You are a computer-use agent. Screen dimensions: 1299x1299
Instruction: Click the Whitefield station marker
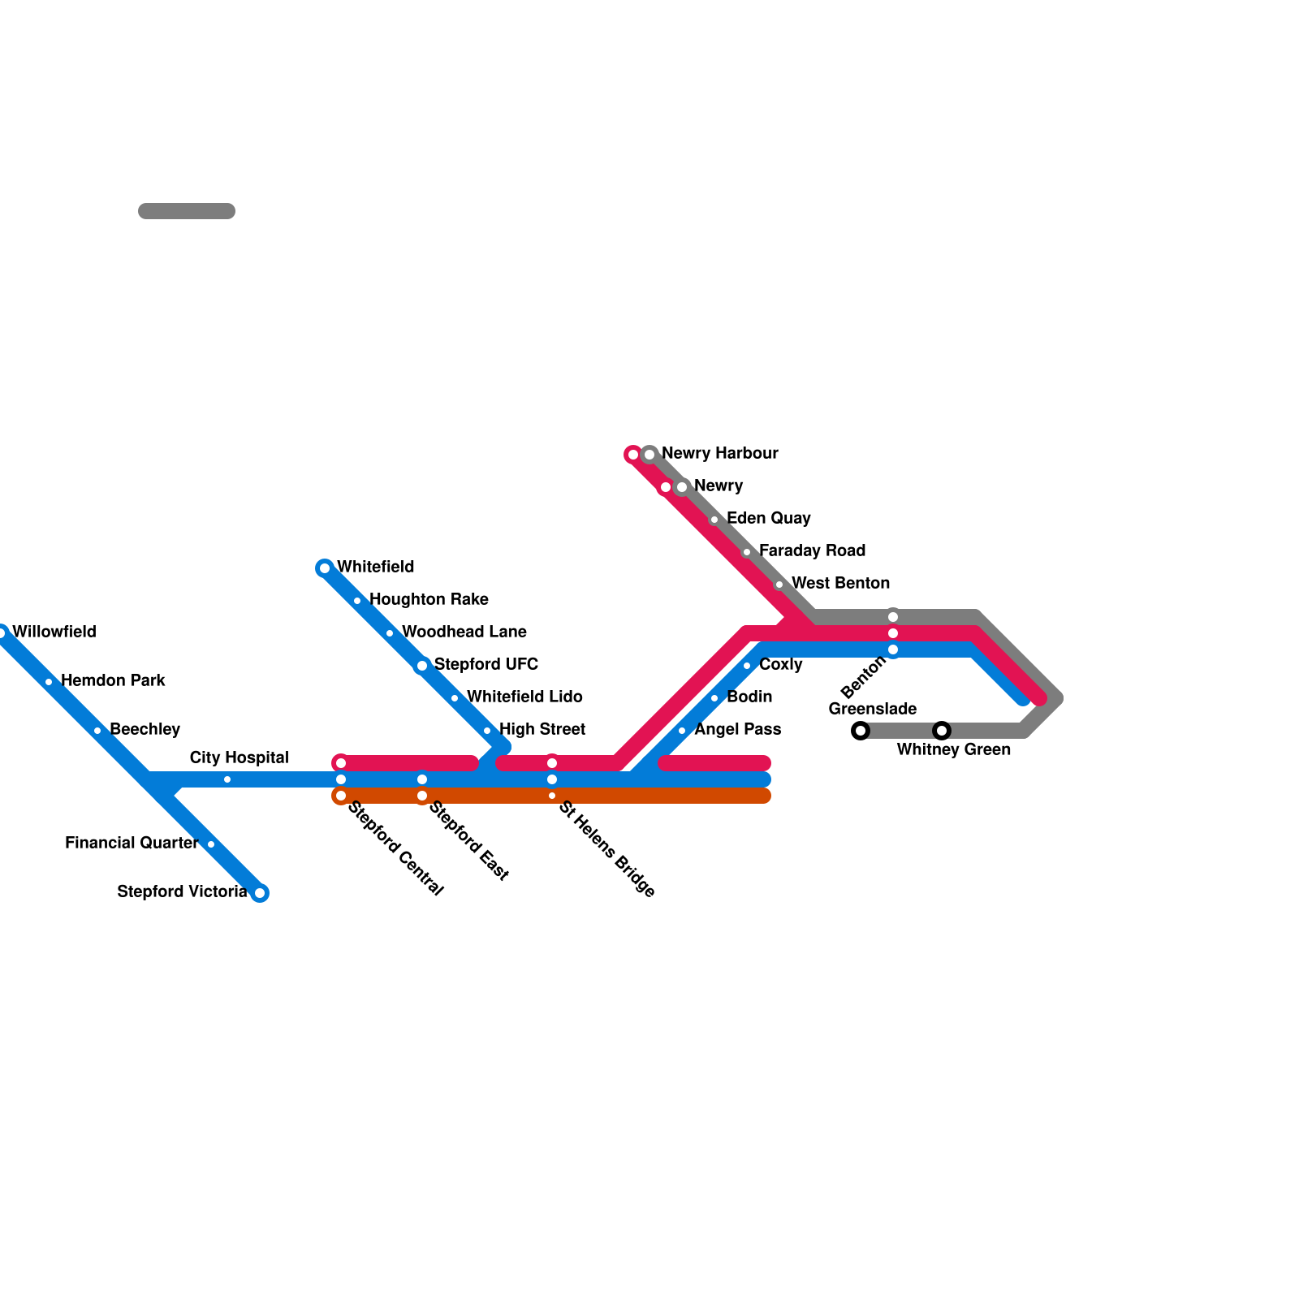pyautogui.click(x=325, y=568)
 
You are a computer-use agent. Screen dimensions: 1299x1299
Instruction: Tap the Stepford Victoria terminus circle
pyautogui.click(x=260, y=893)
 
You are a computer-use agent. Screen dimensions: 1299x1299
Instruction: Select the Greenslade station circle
pyautogui.click(x=861, y=731)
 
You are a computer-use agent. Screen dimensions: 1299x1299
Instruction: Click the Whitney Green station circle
pyautogui.click(x=942, y=731)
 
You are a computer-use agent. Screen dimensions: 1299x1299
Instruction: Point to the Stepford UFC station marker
pyautogui.click(x=422, y=666)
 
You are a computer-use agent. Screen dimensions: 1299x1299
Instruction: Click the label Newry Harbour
pyautogui.click(x=719, y=453)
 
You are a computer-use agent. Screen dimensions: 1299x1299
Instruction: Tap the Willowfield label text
pyautogui.click(x=54, y=632)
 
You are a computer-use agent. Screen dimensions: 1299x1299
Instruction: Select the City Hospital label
pyautogui.click(x=239, y=757)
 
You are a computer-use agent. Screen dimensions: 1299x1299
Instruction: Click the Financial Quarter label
pyautogui.click(x=132, y=843)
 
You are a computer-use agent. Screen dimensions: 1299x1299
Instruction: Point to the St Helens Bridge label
pyautogui.click(x=606, y=849)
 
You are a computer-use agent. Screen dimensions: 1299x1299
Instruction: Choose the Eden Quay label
pyautogui.click(x=768, y=518)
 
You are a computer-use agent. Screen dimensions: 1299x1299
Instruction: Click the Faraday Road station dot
pyautogui.click(x=747, y=552)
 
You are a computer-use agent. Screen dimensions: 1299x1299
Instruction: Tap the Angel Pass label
pyautogui.click(x=737, y=729)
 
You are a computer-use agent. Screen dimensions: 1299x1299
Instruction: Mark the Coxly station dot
pyautogui.click(x=747, y=666)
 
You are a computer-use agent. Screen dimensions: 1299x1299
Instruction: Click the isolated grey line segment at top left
pyautogui.click(x=187, y=211)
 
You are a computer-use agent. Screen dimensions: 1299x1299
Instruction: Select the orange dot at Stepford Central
pyautogui.click(x=341, y=796)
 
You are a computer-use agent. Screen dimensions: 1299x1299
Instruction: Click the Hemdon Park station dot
pyautogui.click(x=49, y=682)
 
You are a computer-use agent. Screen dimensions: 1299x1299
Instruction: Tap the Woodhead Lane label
pyautogui.click(x=464, y=632)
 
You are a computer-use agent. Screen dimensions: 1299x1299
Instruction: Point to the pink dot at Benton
pyautogui.click(x=893, y=633)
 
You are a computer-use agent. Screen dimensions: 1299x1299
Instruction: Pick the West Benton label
pyautogui.click(x=840, y=583)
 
